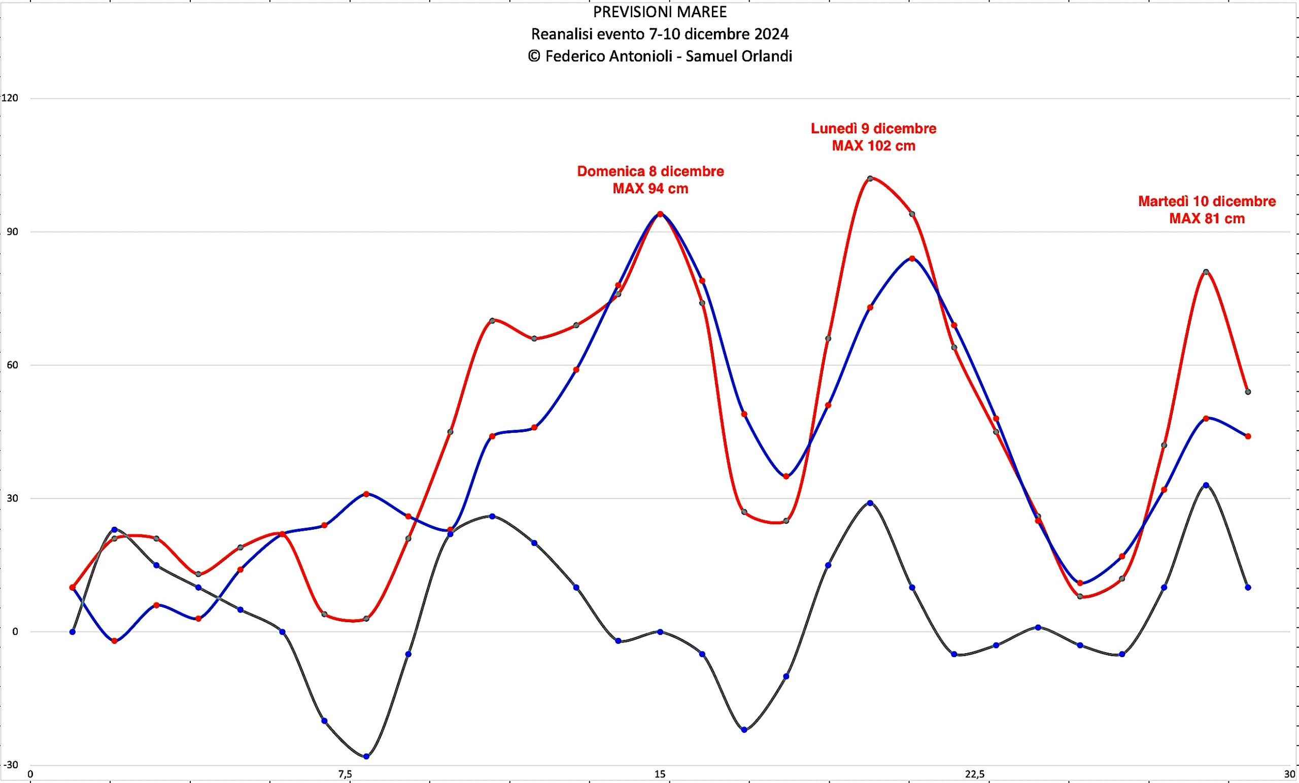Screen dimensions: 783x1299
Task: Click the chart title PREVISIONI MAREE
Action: point(660,12)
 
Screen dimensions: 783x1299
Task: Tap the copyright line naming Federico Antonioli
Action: point(660,56)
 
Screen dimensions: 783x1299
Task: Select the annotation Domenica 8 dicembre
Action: point(650,172)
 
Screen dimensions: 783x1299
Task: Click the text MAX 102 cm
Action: point(874,146)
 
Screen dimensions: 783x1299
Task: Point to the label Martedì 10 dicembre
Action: point(1207,201)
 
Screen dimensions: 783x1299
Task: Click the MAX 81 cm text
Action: point(1207,218)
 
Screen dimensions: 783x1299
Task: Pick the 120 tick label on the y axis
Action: point(10,98)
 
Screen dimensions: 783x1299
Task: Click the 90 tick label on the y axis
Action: point(12,232)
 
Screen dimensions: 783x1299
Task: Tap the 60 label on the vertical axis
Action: point(12,365)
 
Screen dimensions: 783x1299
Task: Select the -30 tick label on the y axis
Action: point(10,765)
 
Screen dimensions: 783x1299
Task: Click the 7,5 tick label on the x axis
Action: point(345,774)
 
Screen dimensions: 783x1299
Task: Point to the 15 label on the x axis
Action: point(660,774)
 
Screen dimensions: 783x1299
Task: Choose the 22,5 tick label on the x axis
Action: point(974,774)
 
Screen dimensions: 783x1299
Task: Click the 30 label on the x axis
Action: point(1289,774)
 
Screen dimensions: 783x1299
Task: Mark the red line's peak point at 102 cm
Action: point(870,178)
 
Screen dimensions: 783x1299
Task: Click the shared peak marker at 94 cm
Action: point(660,214)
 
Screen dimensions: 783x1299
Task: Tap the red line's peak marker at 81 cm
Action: point(1206,272)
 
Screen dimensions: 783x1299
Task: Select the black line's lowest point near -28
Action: point(366,756)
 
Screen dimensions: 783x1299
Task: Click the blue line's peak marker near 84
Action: point(912,258)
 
